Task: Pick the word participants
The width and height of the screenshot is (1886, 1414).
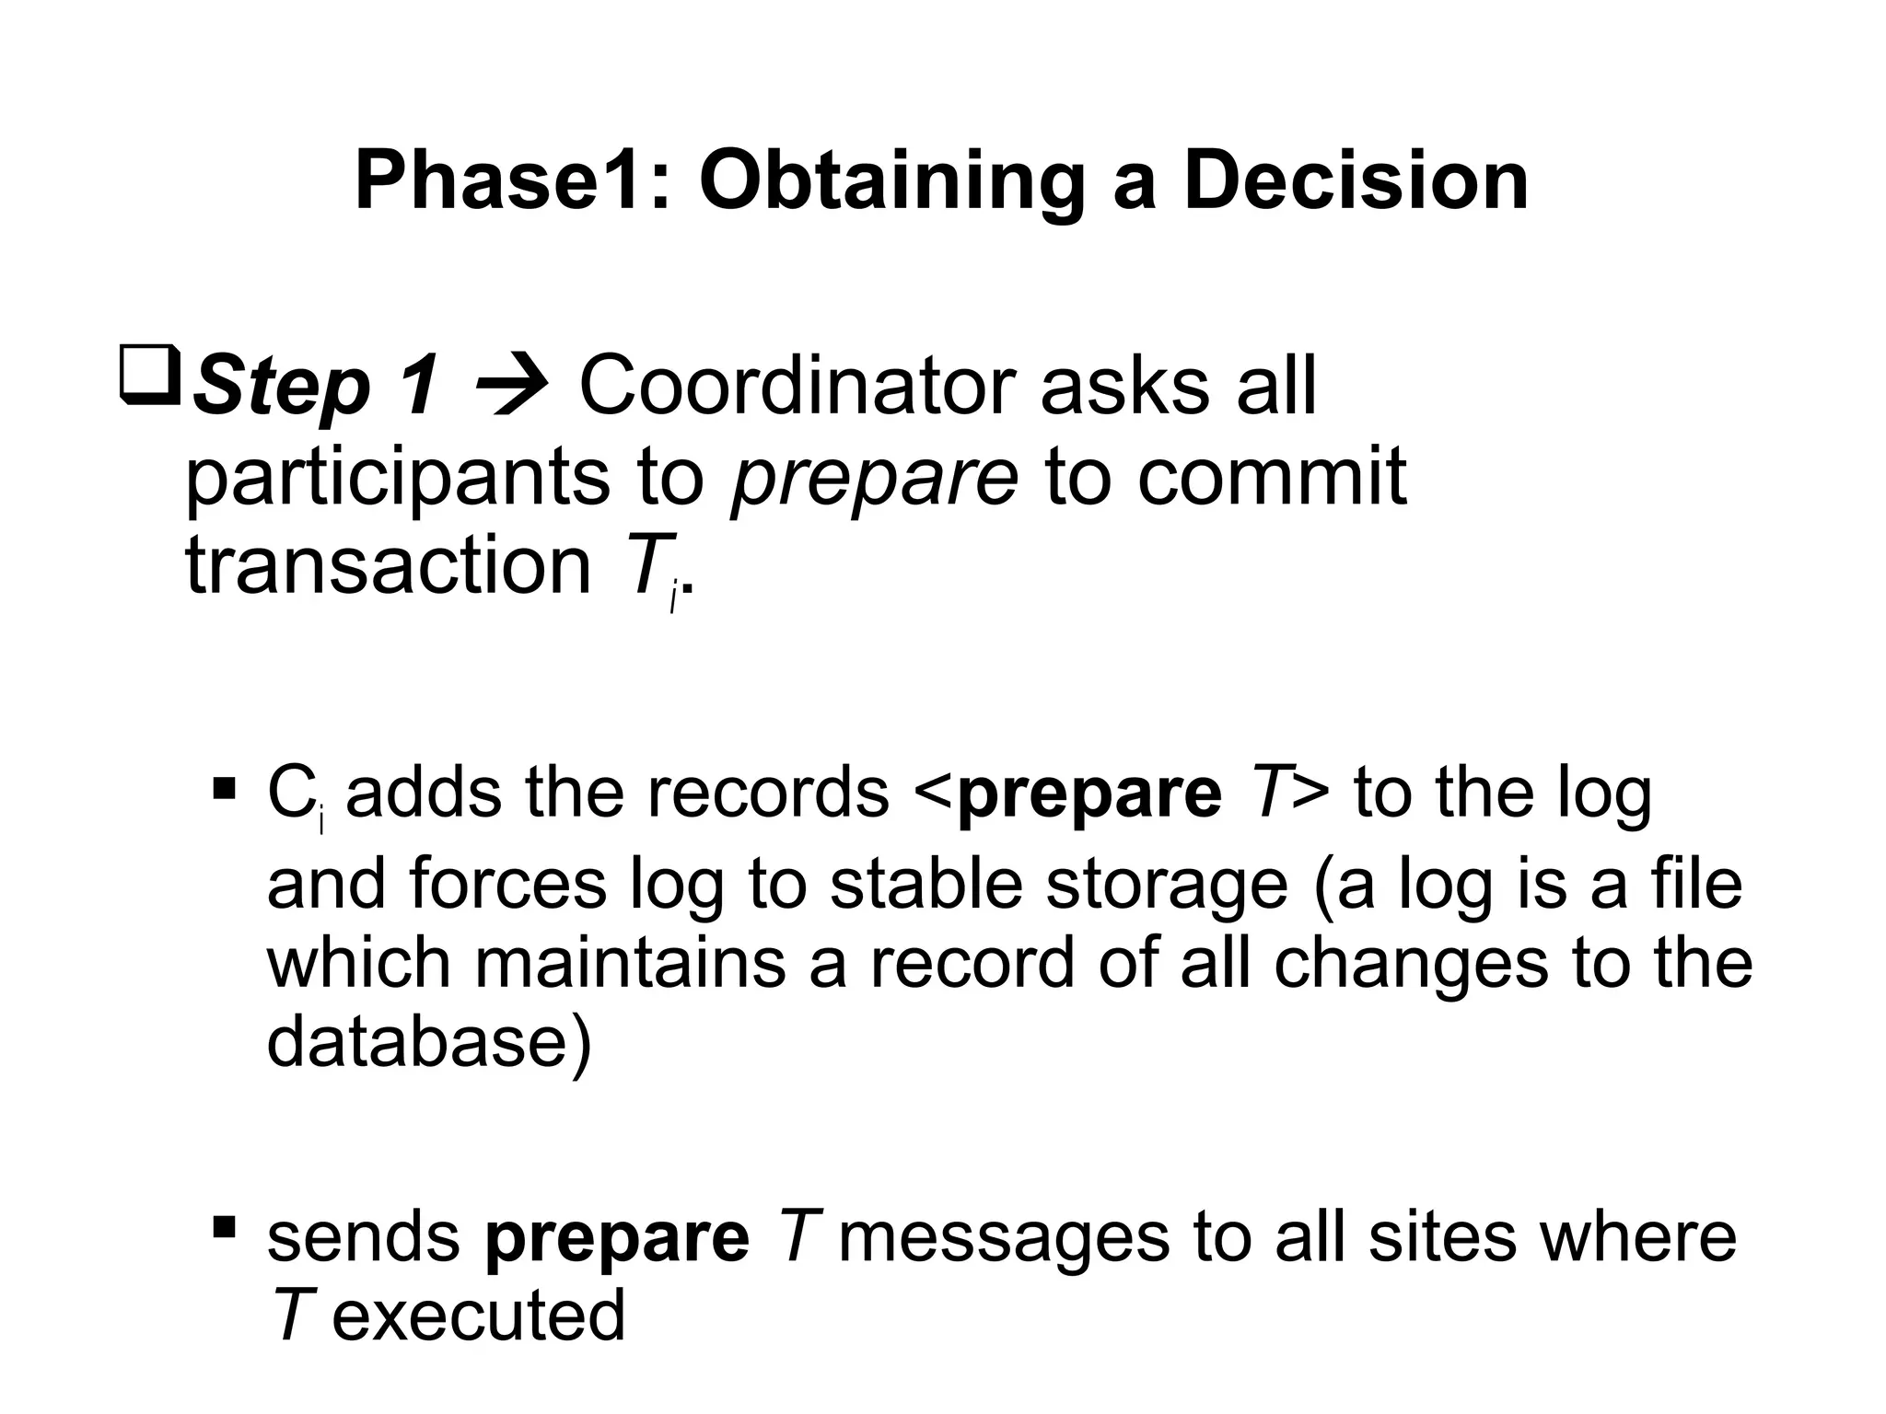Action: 398,479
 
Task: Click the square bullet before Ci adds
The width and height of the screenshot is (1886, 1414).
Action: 224,789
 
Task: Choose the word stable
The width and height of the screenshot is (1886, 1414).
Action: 926,883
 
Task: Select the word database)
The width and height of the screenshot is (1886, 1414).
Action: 429,1042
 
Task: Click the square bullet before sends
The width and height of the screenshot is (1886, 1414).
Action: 224,1226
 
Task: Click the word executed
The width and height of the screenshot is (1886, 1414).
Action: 479,1315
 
